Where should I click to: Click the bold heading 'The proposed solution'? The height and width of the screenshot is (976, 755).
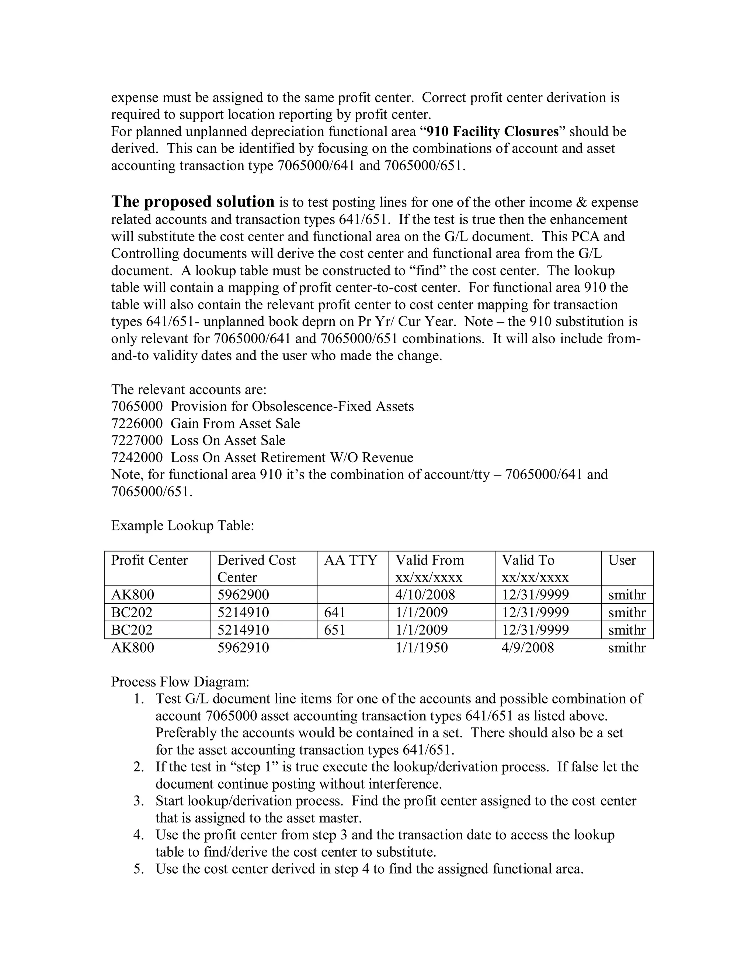[x=193, y=201]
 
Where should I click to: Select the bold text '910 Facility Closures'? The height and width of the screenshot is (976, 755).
[x=493, y=131]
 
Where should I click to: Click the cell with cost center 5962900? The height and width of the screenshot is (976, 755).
[x=243, y=595]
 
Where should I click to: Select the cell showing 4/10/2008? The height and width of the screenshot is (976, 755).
[x=425, y=595]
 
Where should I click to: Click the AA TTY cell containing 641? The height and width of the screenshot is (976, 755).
[x=335, y=612]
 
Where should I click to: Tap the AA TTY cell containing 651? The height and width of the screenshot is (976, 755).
[x=335, y=630]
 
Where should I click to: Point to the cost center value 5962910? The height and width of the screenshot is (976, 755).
[x=243, y=647]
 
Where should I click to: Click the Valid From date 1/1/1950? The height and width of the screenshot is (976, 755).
[x=421, y=647]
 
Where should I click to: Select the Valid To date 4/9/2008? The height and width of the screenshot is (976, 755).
[x=528, y=647]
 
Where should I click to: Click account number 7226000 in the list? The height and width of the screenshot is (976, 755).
[x=137, y=423]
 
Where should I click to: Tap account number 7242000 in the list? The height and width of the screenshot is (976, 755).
[x=137, y=457]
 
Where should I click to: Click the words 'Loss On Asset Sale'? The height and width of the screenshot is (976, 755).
[x=228, y=440]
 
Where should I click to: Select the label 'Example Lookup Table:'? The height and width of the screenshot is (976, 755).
[x=182, y=526]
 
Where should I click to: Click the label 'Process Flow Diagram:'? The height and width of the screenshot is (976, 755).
[x=180, y=682]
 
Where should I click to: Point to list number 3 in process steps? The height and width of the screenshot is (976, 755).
[x=138, y=801]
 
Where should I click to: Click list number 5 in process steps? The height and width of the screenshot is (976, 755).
[x=138, y=869]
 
